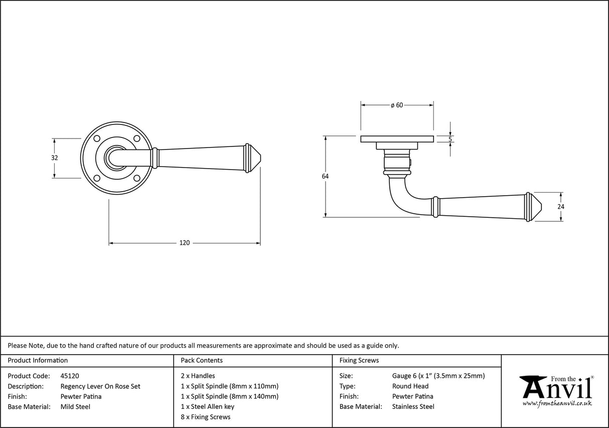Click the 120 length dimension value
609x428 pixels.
click(x=185, y=243)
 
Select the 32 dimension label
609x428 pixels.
click(x=55, y=158)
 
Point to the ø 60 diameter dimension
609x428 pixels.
click(x=397, y=105)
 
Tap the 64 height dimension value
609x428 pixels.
click(x=325, y=176)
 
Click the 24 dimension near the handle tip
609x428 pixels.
click(x=561, y=206)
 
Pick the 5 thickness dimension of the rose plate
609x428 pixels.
click(x=450, y=139)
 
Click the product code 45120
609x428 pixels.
click(x=69, y=376)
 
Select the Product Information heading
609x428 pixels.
click(x=38, y=360)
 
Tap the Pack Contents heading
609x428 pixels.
click(x=201, y=360)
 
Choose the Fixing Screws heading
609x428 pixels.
click(x=359, y=360)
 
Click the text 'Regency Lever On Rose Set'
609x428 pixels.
click(x=100, y=386)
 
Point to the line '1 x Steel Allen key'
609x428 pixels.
click(x=207, y=407)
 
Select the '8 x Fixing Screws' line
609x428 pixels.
click(x=205, y=417)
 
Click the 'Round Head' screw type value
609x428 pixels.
click(x=410, y=386)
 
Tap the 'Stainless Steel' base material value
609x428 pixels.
click(x=413, y=407)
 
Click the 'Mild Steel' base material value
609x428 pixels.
click(x=75, y=407)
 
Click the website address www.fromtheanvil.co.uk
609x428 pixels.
click(x=557, y=403)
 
